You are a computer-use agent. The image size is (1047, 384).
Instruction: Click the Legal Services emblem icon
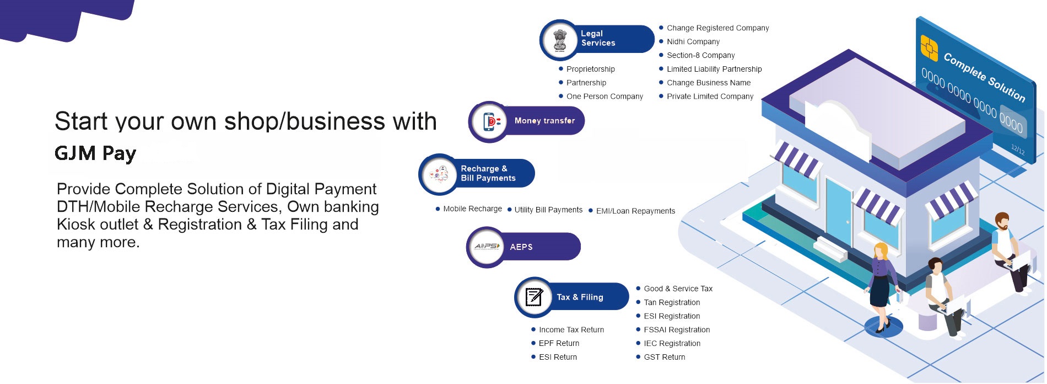(x=560, y=40)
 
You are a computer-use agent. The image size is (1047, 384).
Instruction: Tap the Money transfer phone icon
(x=490, y=121)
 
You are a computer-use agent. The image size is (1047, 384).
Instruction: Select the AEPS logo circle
(x=487, y=247)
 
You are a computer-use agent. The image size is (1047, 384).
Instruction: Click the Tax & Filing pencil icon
(x=534, y=297)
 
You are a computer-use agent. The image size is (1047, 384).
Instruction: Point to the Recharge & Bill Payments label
(x=488, y=173)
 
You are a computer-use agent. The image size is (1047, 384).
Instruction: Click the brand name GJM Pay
(x=95, y=153)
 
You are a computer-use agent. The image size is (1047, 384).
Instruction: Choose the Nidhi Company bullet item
(x=693, y=42)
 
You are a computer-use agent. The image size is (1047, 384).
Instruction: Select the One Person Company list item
(x=604, y=97)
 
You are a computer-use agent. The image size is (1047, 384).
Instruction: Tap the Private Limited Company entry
(x=710, y=97)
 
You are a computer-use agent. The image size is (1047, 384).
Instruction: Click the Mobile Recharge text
(x=472, y=209)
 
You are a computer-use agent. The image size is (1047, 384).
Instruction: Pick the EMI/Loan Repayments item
(x=635, y=211)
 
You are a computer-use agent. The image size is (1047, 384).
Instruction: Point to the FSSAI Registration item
(x=676, y=330)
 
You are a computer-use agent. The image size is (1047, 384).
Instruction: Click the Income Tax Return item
(x=571, y=330)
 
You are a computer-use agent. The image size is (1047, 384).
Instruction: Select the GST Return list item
(x=664, y=358)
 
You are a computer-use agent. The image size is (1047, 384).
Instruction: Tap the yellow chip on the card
(x=929, y=48)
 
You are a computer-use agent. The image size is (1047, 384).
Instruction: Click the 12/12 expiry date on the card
(x=1018, y=148)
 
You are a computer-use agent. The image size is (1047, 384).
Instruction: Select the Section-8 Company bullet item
(x=700, y=56)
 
